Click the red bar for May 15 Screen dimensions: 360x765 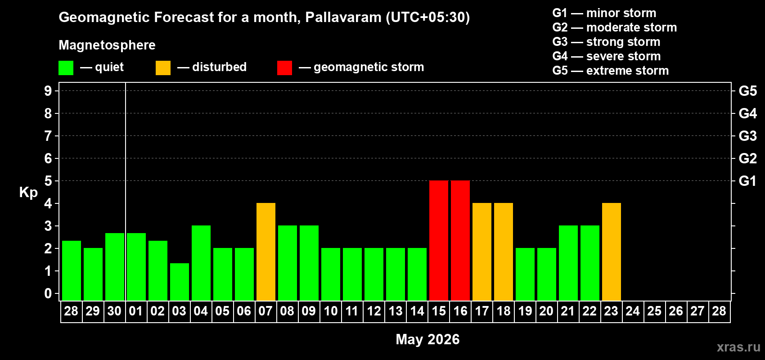(439, 240)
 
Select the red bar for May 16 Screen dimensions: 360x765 (460, 240)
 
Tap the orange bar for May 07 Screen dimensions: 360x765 (266, 252)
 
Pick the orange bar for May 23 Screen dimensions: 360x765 (612, 252)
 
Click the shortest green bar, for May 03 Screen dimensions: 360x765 (180, 282)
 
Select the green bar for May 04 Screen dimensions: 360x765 (201, 263)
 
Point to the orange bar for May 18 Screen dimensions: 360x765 (504, 252)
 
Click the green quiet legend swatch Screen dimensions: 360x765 (66, 68)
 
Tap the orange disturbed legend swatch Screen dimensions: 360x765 (163, 68)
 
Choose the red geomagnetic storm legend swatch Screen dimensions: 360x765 (284, 68)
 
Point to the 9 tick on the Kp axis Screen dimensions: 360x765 (48, 91)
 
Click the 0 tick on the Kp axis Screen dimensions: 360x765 (48, 293)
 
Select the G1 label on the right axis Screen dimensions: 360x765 (747, 181)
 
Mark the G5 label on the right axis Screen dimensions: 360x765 (747, 91)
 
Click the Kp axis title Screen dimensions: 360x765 (28, 193)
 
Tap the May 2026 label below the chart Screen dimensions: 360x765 (427, 339)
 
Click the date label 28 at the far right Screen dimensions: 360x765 (719, 311)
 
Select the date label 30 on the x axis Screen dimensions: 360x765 (114, 311)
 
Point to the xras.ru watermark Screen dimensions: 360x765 (738, 347)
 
